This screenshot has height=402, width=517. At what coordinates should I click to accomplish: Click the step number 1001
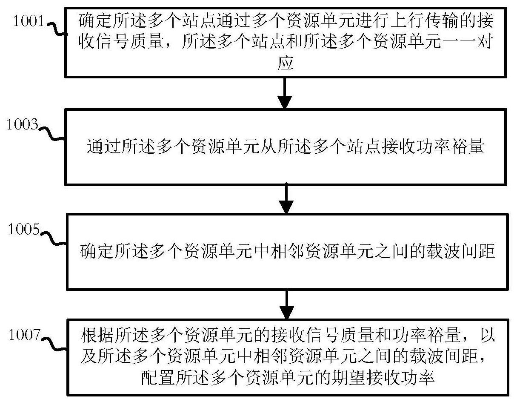point(29,20)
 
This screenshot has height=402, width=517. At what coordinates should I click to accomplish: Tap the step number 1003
point(23,124)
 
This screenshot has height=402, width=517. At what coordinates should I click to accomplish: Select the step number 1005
point(24,229)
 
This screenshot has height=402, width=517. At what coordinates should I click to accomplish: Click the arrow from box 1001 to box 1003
point(285,93)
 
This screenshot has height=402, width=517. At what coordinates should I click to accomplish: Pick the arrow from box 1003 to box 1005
point(286,198)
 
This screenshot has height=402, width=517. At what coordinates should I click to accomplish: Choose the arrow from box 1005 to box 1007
point(286,304)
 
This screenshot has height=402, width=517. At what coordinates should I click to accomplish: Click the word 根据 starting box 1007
point(97,336)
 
